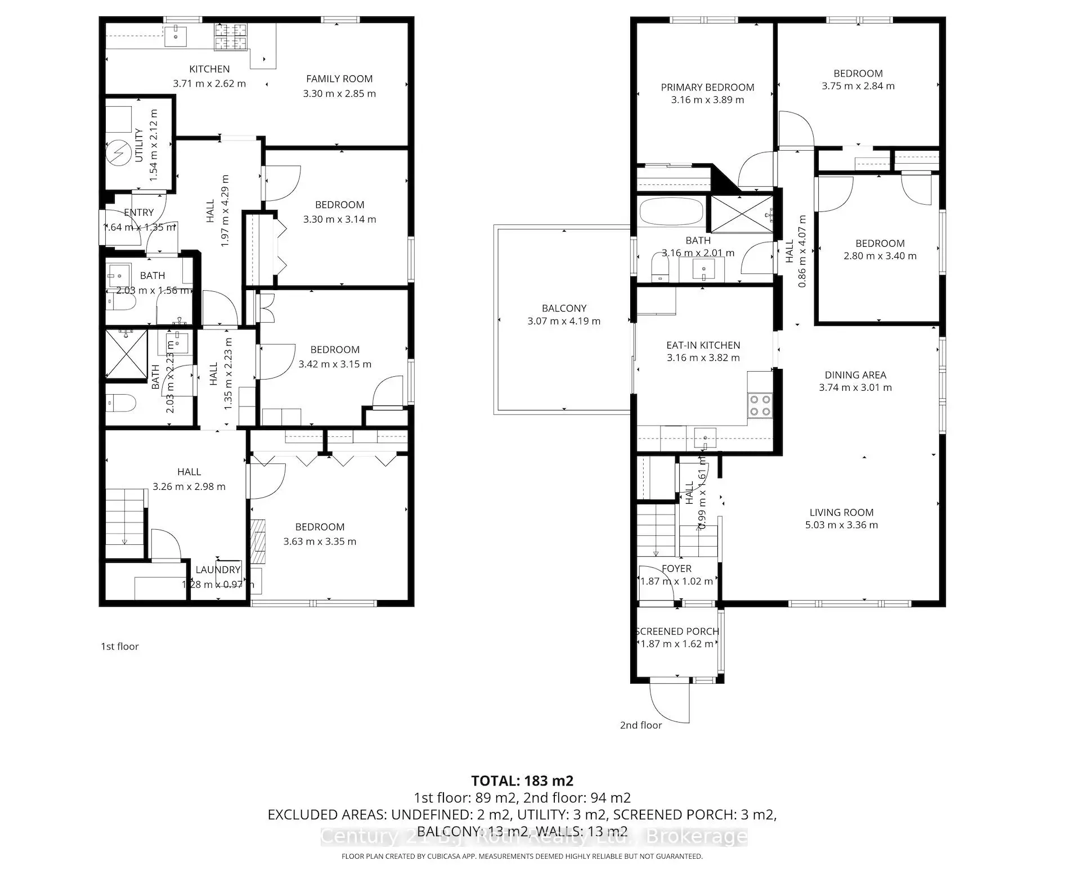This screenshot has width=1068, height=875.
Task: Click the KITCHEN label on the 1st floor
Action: [209, 69]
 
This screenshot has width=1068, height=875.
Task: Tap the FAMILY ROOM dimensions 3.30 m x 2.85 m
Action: [339, 93]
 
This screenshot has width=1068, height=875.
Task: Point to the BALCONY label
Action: [564, 308]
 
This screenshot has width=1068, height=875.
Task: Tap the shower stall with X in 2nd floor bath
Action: [742, 214]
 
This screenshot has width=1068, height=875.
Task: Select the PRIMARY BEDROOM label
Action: [707, 87]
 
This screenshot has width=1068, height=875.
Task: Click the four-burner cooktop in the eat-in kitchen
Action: [760, 405]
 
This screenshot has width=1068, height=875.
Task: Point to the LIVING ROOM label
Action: [841, 512]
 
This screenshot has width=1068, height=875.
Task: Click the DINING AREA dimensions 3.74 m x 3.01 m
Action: [855, 387]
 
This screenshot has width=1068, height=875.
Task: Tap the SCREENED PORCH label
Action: [677, 632]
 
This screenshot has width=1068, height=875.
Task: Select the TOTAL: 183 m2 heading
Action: [522, 781]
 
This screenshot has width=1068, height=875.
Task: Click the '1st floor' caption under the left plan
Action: [120, 647]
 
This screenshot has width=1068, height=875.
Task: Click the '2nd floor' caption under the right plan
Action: [641, 725]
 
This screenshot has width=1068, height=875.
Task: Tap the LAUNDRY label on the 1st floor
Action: [218, 570]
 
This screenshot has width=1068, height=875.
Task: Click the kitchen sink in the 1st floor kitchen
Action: [176, 36]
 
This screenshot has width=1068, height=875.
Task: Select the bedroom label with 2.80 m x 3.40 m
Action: [879, 243]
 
